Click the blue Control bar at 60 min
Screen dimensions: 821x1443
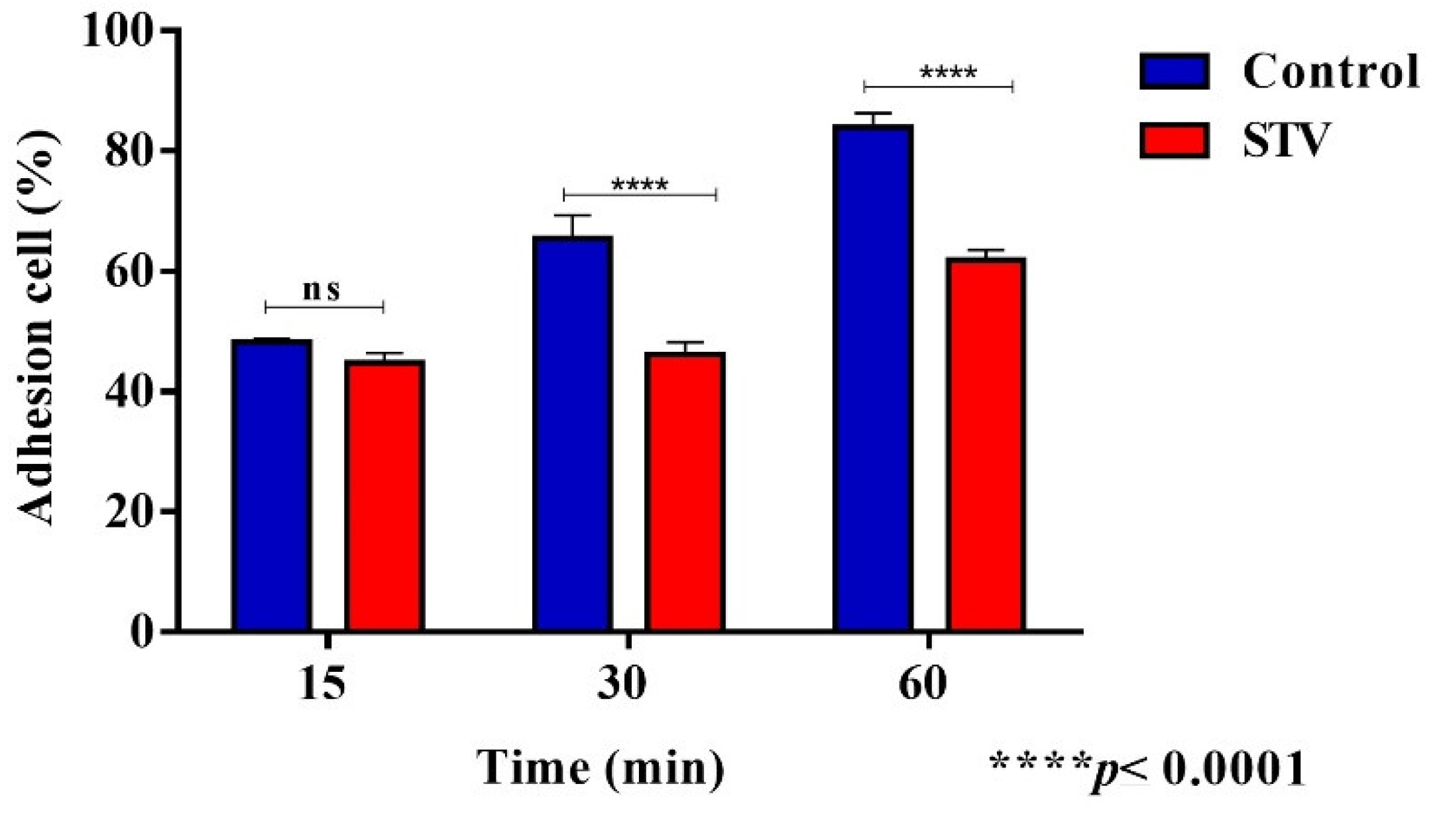tap(873, 378)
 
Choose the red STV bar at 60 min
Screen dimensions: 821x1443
tap(986, 444)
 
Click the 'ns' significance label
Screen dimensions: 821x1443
tap(321, 290)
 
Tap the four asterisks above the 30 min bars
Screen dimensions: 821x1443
tap(640, 185)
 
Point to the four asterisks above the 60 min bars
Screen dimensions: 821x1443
tap(948, 73)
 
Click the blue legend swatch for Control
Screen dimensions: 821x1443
tap(1174, 71)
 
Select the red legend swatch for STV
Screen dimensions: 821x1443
tap(1174, 140)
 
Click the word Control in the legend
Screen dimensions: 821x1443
tap(1331, 71)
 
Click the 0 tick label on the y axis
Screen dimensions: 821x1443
tap(142, 631)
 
